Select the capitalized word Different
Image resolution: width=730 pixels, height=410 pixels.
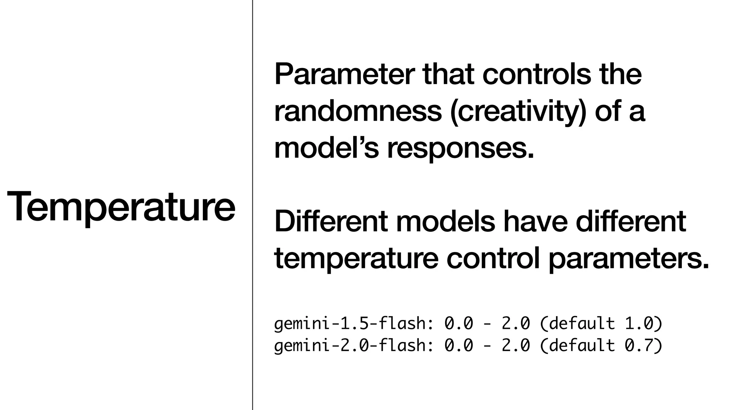pos(330,221)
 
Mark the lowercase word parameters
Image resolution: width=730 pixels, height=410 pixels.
pos(628,259)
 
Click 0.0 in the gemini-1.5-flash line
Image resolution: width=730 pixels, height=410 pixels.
pos(458,324)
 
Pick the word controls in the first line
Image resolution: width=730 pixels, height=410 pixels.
pos(536,74)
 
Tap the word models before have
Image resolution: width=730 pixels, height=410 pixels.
pos(445,221)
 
